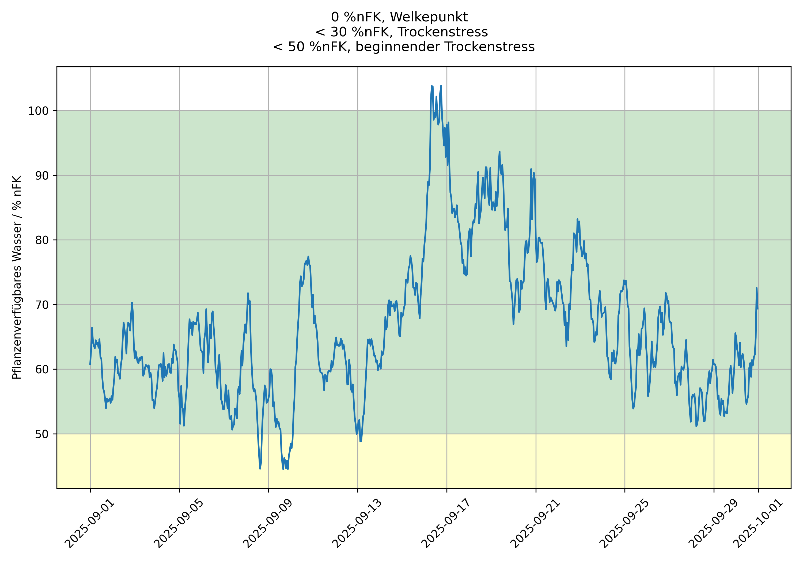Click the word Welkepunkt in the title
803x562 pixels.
tap(429, 17)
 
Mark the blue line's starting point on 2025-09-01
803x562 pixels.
tap(90, 364)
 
